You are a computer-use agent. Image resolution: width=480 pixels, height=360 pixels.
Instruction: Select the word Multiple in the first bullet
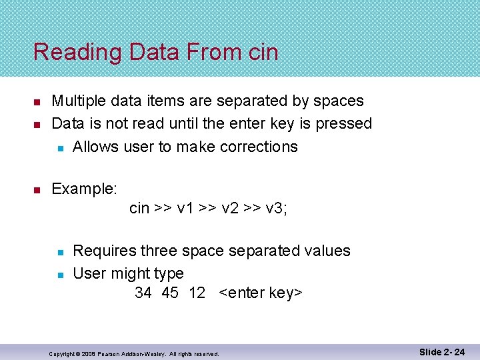pos(79,101)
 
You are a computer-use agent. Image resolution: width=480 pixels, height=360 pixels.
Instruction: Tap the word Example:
pos(85,189)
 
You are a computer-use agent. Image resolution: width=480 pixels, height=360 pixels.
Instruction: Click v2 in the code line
pos(230,209)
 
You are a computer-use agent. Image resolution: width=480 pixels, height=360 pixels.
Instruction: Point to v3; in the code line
pos(276,209)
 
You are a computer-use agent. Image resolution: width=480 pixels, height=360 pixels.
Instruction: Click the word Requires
pos(105,251)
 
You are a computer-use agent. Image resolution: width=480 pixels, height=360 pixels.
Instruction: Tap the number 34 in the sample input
pos(143,293)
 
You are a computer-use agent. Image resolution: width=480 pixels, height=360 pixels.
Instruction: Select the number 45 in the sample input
pos(169,293)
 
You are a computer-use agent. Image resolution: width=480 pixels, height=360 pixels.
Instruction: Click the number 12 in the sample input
pos(197,293)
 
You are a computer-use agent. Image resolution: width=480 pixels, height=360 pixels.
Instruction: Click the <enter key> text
pos(261,293)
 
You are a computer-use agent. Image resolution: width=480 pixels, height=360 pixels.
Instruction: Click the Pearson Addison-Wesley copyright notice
pos(134,353)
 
